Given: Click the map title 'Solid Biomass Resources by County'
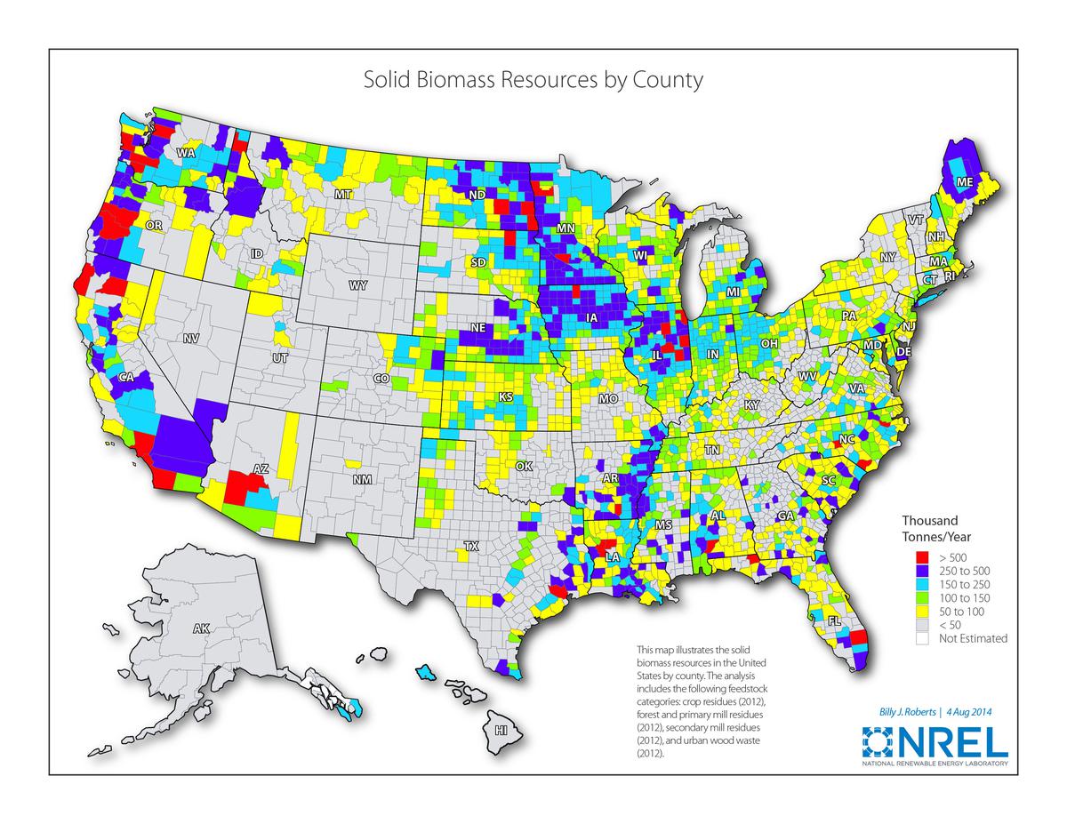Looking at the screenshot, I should pyautogui.click(x=533, y=80).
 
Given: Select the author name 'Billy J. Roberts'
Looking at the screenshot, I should pyautogui.click(x=899, y=711).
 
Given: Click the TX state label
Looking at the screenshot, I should pyautogui.click(x=471, y=547).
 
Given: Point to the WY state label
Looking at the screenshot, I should pyautogui.click(x=358, y=285).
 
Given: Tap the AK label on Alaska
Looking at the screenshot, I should pyautogui.click(x=202, y=628).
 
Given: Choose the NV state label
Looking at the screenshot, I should pyautogui.click(x=191, y=339).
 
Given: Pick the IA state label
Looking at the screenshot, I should pyautogui.click(x=592, y=317).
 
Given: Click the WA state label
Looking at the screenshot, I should pyautogui.click(x=186, y=153).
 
